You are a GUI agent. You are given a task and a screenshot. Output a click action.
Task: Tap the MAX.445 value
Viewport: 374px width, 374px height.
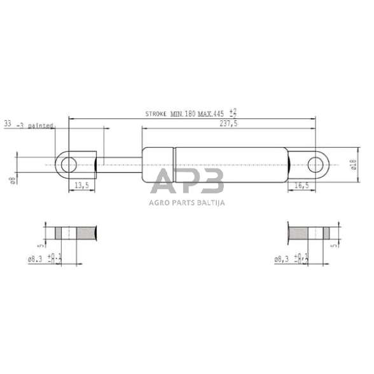point(209,114)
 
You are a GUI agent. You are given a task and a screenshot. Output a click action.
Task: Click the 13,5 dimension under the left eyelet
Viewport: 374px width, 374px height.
point(81,185)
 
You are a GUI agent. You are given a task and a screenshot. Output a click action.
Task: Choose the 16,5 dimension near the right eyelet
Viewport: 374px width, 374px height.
point(303,185)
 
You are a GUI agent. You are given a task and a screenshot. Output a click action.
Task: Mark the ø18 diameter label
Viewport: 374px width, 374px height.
point(353,165)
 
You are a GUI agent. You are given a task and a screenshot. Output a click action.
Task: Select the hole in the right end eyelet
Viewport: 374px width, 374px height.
point(316,165)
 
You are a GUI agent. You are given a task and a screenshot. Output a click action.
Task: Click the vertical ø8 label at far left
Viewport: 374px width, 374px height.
point(13,181)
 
